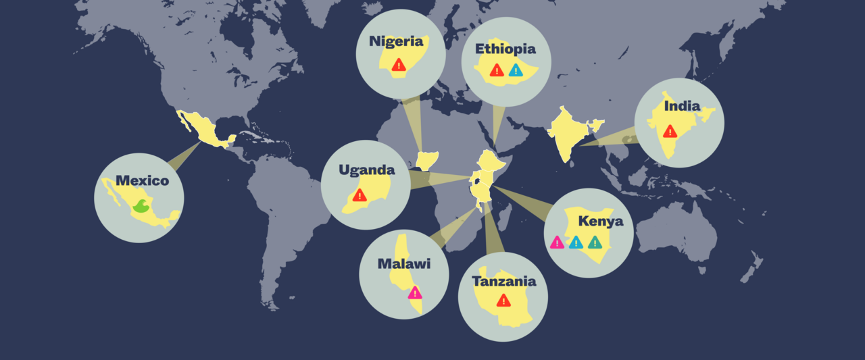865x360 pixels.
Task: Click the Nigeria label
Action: click(396, 41)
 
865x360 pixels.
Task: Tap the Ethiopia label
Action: click(505, 49)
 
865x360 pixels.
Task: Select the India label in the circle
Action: click(682, 106)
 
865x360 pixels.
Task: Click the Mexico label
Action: click(142, 180)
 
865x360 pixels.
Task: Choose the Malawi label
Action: click(403, 263)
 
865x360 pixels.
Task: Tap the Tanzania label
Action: click(504, 281)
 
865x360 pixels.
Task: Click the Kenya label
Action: click(601, 222)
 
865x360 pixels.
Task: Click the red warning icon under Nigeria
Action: click(399, 65)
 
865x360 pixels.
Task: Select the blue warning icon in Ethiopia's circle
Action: click(516, 70)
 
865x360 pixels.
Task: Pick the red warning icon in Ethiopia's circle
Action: click(497, 70)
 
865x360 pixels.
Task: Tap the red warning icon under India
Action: click(670, 131)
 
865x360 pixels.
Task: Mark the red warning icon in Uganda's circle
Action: click(360, 195)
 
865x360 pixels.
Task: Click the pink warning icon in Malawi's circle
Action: click(415, 292)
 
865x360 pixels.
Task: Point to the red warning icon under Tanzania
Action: click(503, 301)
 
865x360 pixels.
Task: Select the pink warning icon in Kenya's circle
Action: click(557, 242)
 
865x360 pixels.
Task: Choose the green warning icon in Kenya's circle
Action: click(595, 242)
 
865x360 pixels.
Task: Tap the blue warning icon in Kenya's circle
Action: click(576, 242)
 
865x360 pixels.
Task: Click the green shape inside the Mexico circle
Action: click(141, 206)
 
